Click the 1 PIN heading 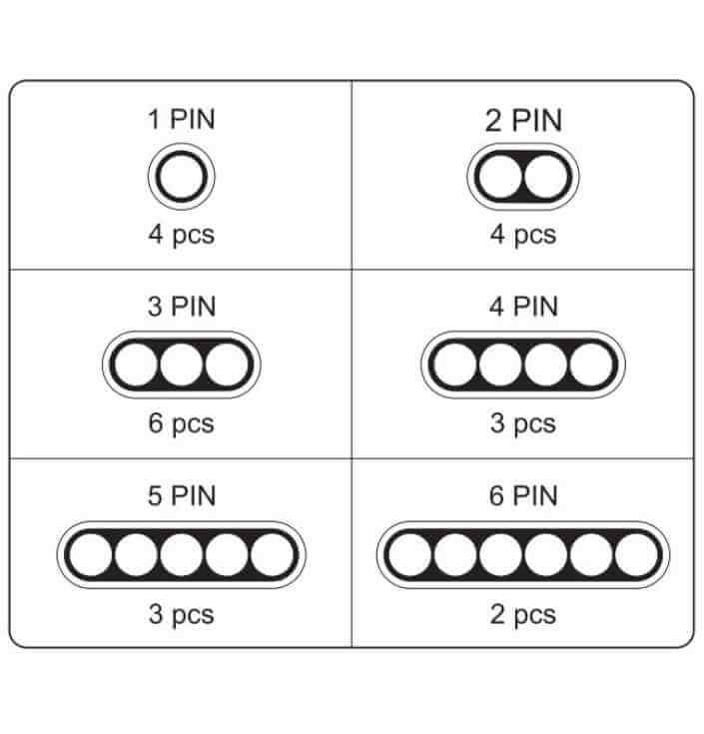[x=182, y=119]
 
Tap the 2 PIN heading [x=523, y=120]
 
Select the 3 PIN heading [x=182, y=307]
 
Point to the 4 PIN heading [x=523, y=307]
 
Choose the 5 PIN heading [x=182, y=495]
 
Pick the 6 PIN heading [x=523, y=495]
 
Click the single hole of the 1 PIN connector [x=182, y=177]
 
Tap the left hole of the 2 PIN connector [x=500, y=177]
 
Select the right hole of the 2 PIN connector [x=546, y=177]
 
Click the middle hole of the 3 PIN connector [x=182, y=365]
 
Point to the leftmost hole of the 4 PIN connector [x=455, y=365]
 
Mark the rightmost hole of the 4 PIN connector [x=591, y=365]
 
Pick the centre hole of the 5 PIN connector [x=182, y=554]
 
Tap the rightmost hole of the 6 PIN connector [x=636, y=554]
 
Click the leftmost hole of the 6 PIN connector [x=410, y=554]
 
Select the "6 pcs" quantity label [x=182, y=423]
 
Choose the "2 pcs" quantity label [x=523, y=614]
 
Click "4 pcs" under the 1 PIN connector [x=182, y=235]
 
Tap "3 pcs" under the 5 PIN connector [x=182, y=614]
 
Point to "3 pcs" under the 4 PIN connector [x=523, y=423]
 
